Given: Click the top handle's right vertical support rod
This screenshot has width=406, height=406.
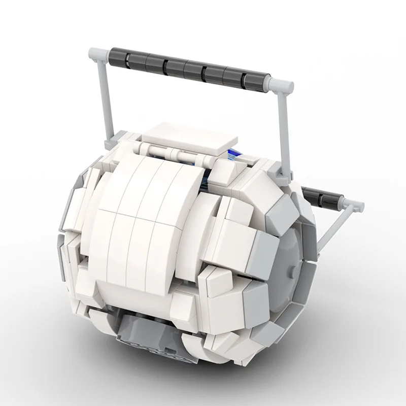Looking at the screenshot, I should point(283,132).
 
